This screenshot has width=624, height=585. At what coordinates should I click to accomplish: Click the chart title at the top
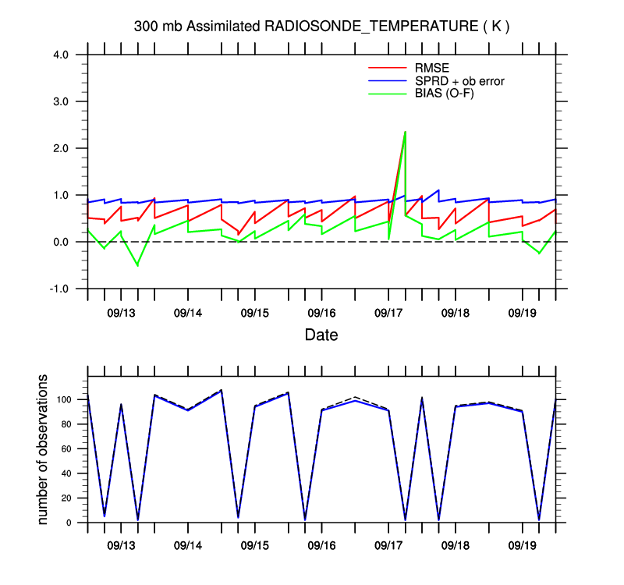(321, 27)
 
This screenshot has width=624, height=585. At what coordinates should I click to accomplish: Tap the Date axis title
(321, 335)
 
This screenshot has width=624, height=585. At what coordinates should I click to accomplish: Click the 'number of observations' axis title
(44, 449)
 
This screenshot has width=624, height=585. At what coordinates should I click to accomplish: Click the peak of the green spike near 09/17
(405, 132)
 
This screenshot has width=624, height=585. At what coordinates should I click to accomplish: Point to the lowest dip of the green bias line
(138, 265)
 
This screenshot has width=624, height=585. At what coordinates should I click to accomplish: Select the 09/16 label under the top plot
(321, 313)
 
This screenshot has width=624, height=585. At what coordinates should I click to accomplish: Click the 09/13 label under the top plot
(122, 313)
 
